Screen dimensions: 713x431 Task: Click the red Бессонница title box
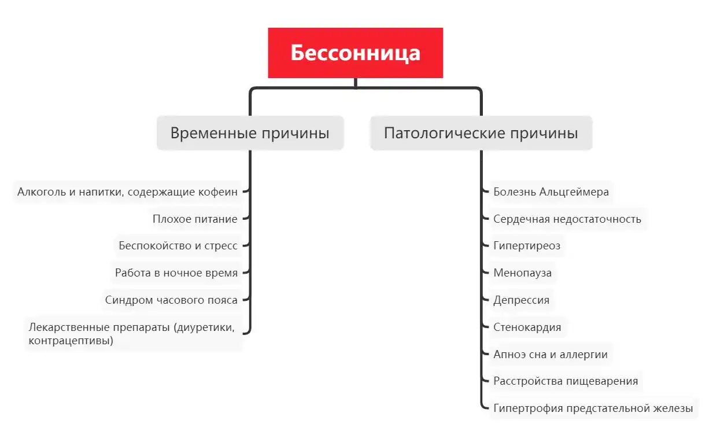pyautogui.click(x=355, y=53)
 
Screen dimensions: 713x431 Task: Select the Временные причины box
pyautogui.click(x=250, y=133)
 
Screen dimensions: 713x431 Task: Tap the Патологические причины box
pyautogui.click(x=481, y=133)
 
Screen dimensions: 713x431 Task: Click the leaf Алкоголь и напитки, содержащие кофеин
pyautogui.click(x=127, y=191)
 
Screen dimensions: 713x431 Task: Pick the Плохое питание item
pyautogui.click(x=195, y=219)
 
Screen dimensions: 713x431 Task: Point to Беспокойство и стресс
pyautogui.click(x=178, y=246)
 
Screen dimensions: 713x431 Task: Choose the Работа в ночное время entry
pyautogui.click(x=176, y=273)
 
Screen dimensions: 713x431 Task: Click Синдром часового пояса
pyautogui.click(x=171, y=300)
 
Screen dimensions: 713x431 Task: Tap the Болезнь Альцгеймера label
pyautogui.click(x=551, y=191)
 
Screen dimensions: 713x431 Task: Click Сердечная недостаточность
pyautogui.click(x=567, y=219)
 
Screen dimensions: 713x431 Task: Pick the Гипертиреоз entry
pyautogui.click(x=527, y=246)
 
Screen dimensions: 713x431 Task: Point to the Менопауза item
pyautogui.click(x=522, y=273)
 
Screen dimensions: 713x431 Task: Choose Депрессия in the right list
pyautogui.click(x=522, y=300)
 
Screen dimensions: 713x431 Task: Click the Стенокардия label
pyautogui.click(x=527, y=327)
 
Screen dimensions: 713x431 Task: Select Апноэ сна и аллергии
pyautogui.click(x=551, y=354)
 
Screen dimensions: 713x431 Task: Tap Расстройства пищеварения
pyautogui.click(x=566, y=381)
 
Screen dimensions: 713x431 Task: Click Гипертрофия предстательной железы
pyautogui.click(x=593, y=408)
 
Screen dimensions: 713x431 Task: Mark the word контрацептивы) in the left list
pyautogui.click(x=71, y=341)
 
